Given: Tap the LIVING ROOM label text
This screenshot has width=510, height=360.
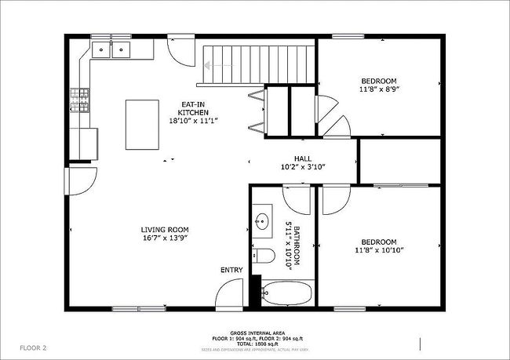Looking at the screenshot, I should [x=166, y=228].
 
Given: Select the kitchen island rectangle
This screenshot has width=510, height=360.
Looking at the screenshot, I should [x=144, y=124].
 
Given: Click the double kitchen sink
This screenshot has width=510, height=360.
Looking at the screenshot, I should [x=111, y=50].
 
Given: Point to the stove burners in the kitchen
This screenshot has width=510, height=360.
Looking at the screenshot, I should [x=81, y=100].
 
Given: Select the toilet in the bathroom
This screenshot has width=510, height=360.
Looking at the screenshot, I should [x=265, y=256].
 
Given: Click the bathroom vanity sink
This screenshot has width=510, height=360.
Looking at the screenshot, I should [x=262, y=220].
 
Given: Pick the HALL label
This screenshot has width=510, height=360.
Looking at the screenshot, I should [x=303, y=158].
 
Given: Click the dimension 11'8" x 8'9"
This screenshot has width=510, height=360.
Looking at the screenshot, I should [x=378, y=90].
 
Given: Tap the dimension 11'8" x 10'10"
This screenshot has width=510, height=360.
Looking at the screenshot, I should [x=378, y=251].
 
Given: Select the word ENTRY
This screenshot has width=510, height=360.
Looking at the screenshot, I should [x=231, y=270].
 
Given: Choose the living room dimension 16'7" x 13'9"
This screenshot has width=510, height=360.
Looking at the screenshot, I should [x=166, y=238].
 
